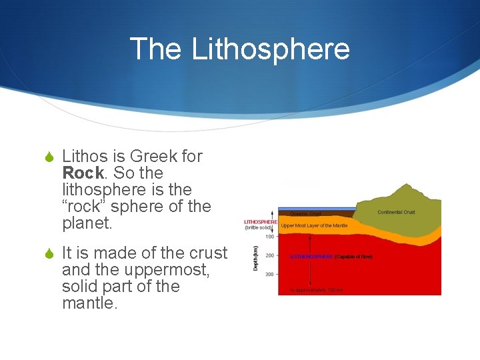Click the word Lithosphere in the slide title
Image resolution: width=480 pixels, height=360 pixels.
[x=270, y=49]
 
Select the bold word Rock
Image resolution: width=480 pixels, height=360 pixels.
[x=83, y=173]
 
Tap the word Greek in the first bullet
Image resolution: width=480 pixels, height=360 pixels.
[x=155, y=156]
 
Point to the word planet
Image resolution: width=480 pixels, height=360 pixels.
[x=87, y=223]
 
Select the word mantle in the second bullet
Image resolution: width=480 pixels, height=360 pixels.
[x=89, y=303]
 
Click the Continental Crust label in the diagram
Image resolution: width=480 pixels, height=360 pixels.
[x=396, y=213]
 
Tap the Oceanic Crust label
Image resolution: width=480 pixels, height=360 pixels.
[x=305, y=214]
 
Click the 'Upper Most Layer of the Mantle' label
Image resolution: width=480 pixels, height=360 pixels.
[x=315, y=226]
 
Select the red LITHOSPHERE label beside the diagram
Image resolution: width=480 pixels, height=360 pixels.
[x=261, y=221]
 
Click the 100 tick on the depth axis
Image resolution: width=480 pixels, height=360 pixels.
[x=270, y=237]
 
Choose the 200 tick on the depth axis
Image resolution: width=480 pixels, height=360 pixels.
[x=270, y=255]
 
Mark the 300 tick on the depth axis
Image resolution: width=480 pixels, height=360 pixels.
[x=270, y=274]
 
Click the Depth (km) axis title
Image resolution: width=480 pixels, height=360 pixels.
[x=255, y=257]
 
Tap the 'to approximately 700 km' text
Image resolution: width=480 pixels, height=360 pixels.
[x=316, y=290]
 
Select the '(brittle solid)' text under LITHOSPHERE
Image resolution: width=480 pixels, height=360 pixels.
[x=259, y=228]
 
